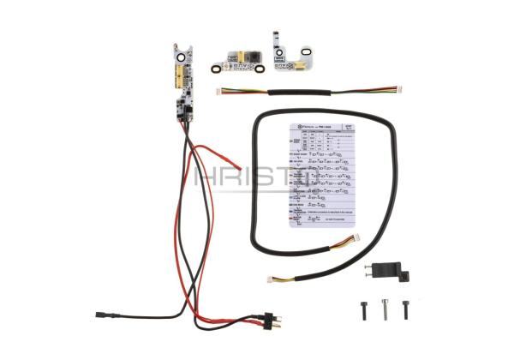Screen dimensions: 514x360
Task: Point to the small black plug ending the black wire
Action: point(102,315)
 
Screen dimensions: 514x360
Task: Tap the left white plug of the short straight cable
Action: point(222,92)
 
